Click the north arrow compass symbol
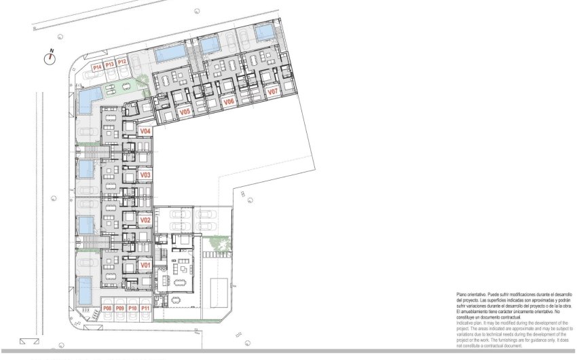[49, 58]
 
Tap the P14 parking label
[97, 67]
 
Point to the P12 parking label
[122, 62]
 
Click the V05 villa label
[184, 111]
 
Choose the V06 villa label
[229, 101]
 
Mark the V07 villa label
[272, 91]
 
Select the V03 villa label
[145, 175]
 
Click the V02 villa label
[145, 220]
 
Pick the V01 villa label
[145, 265]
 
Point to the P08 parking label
[107, 309]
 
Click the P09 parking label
[120, 309]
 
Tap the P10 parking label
[133, 309]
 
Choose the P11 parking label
[146, 309]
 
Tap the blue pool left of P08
[85, 290]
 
